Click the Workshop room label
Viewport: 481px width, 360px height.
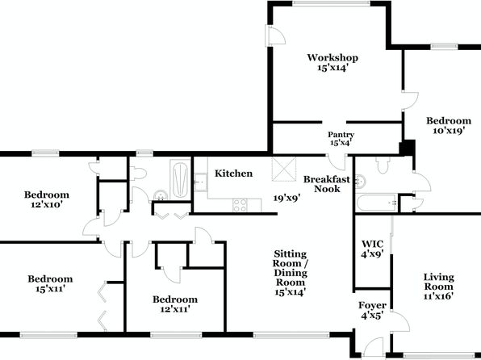(x=333, y=62)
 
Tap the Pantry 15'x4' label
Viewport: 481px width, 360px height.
(x=341, y=138)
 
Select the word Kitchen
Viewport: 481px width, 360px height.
(x=234, y=174)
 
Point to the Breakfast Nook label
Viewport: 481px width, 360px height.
(x=327, y=184)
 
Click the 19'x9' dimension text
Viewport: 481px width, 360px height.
(x=287, y=198)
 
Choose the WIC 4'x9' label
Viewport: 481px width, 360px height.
(x=372, y=249)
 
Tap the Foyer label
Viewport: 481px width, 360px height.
(x=372, y=305)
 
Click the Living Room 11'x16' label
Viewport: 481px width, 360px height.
(x=438, y=287)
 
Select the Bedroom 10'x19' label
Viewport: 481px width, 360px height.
(x=449, y=126)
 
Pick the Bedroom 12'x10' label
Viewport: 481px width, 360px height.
(x=47, y=199)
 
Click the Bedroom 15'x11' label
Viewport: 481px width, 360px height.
(x=50, y=283)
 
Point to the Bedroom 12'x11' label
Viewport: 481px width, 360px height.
(x=175, y=303)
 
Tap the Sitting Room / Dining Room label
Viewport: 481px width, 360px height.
(x=291, y=273)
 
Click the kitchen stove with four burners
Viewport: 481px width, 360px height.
(x=240, y=205)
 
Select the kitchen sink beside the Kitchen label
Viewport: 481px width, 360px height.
(x=201, y=182)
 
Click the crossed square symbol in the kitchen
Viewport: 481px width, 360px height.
(x=284, y=170)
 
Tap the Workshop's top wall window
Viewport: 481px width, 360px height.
(x=331, y=3)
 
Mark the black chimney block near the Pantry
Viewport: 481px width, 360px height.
(x=407, y=148)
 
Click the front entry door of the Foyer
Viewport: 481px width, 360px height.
(x=373, y=349)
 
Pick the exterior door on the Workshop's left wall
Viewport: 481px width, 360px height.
(x=275, y=36)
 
